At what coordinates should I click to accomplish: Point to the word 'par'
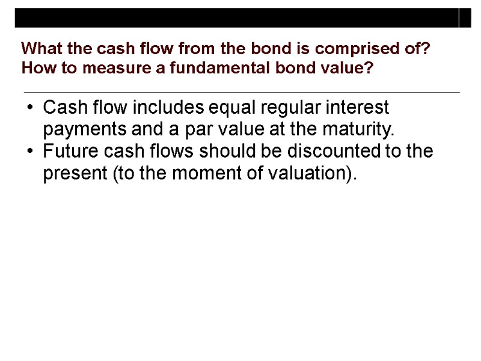[171, 131]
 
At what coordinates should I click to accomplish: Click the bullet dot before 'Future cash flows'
[30, 152]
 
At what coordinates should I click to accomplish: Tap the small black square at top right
[466, 19]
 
